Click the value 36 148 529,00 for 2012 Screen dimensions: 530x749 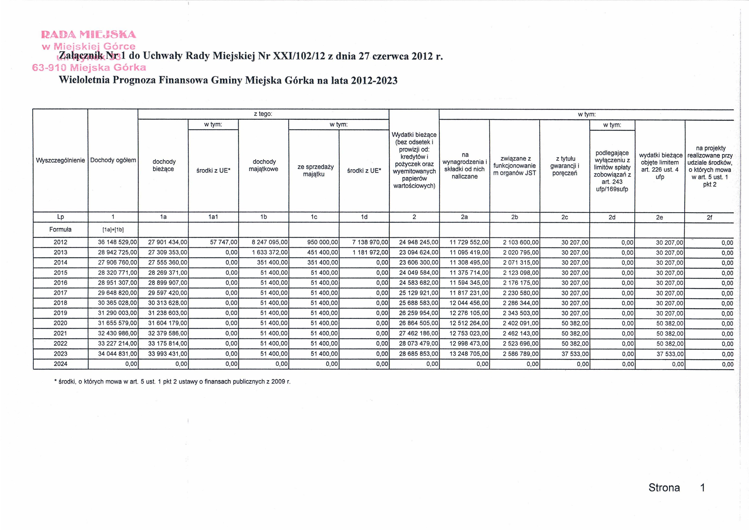[x=117, y=242]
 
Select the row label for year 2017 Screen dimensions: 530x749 [x=60, y=293]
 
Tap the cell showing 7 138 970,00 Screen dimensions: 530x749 [x=370, y=242]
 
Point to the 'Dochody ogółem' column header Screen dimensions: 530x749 [x=113, y=160]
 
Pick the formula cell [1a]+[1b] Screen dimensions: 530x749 [x=113, y=230]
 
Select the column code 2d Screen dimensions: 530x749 [x=612, y=217]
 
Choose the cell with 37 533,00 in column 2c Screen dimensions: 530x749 [x=575, y=354]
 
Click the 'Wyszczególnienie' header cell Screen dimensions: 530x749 [x=60, y=160]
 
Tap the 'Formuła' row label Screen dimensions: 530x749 [x=60, y=230]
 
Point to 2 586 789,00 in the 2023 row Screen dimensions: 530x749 [x=520, y=354]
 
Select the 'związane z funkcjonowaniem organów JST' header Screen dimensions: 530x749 [x=514, y=166]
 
